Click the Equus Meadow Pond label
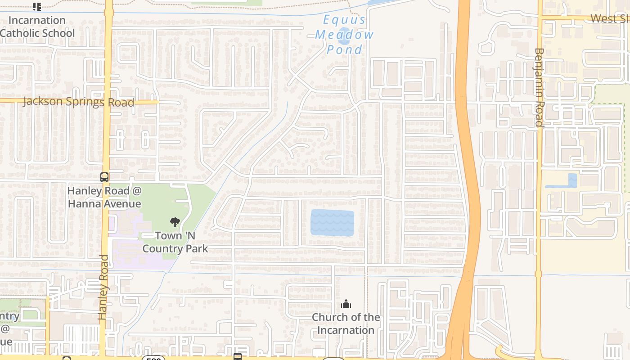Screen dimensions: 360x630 (x=344, y=35)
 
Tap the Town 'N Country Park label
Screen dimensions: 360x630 (x=175, y=242)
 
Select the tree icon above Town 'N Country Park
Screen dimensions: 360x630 (x=175, y=222)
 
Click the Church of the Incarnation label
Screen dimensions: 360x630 (x=346, y=324)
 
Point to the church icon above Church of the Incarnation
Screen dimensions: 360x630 (x=346, y=304)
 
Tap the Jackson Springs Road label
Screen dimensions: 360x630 (x=79, y=102)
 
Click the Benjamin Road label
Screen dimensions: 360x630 (x=539, y=87)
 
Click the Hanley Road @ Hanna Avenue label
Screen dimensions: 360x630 (x=104, y=197)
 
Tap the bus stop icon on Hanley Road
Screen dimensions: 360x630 (x=104, y=177)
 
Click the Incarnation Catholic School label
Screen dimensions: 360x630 (x=37, y=27)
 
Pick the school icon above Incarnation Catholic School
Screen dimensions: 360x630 (x=37, y=6)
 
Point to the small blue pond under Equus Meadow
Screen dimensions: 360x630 (x=344, y=33)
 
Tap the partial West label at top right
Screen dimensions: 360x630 (x=610, y=18)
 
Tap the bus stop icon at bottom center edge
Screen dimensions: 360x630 (x=238, y=357)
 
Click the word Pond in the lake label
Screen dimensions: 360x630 (x=345, y=49)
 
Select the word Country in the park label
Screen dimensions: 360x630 (x=175, y=248)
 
